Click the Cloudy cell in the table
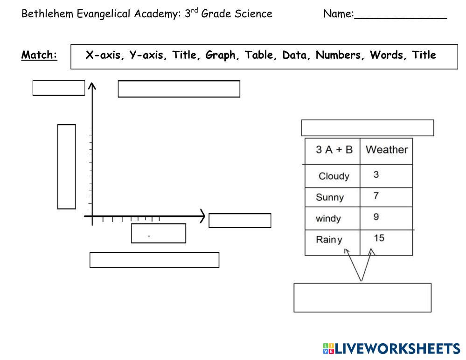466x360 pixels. pyautogui.click(x=334, y=176)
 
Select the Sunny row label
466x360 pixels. pyautogui.click(x=329, y=197)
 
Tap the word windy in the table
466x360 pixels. pyautogui.click(x=328, y=218)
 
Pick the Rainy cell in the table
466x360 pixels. pyautogui.click(x=329, y=240)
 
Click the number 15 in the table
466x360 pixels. pyautogui.click(x=379, y=238)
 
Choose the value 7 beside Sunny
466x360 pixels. pyautogui.click(x=376, y=196)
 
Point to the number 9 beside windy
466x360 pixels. pyautogui.click(x=376, y=217)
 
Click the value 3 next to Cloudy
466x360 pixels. pyautogui.click(x=376, y=175)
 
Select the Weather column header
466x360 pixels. pyautogui.click(x=386, y=150)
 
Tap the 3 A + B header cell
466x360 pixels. pyautogui.click(x=334, y=150)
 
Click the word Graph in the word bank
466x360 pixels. pyautogui.click(x=220, y=55)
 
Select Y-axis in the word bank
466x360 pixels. pyautogui.click(x=148, y=55)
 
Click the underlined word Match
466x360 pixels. pyautogui.click(x=39, y=55)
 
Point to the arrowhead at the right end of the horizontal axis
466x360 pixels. pyautogui.click(x=202, y=216)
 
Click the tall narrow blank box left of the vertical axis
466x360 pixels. pyautogui.click(x=66, y=166)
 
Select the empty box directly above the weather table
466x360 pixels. pyautogui.click(x=367, y=128)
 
